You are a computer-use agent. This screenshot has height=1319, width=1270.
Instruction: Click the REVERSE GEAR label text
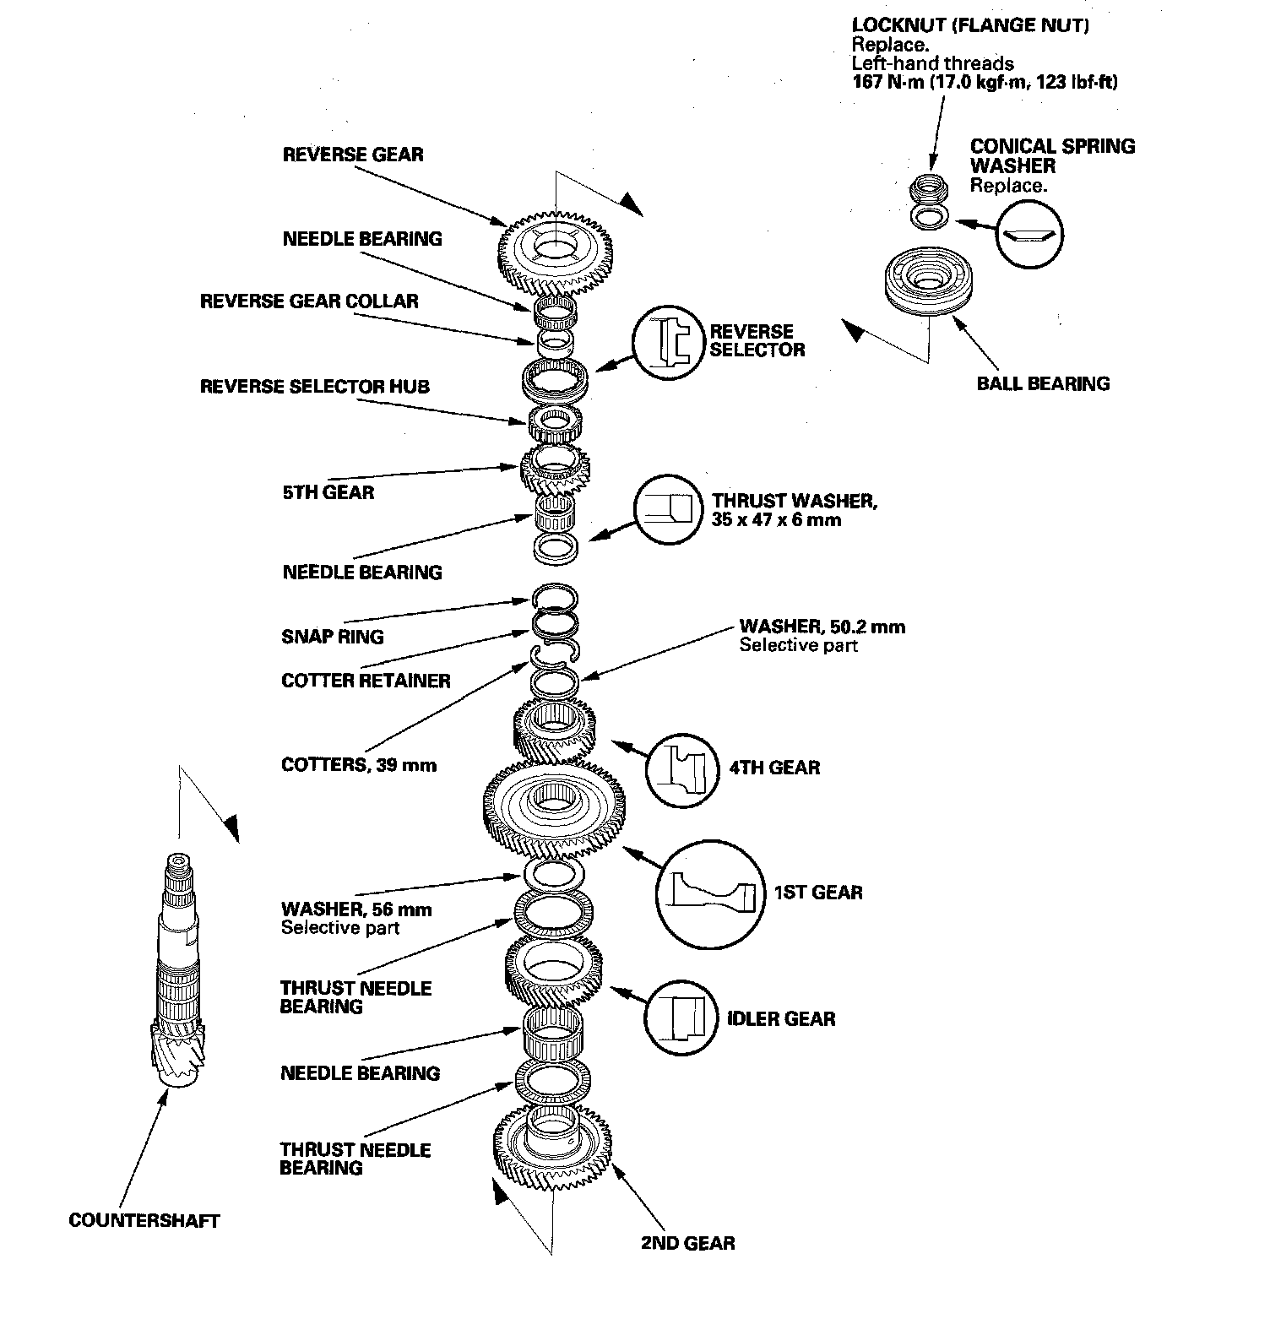point(353,155)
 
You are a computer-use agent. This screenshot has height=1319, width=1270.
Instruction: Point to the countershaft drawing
point(180,971)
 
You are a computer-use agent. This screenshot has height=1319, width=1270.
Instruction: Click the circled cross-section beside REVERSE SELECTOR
point(667,342)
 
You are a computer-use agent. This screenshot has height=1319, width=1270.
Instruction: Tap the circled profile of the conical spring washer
point(1029,235)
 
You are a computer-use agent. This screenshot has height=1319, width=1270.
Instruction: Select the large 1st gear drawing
point(554,809)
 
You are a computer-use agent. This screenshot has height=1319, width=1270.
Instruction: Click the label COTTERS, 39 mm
point(359,765)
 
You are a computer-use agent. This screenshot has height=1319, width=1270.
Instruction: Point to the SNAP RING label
point(333,636)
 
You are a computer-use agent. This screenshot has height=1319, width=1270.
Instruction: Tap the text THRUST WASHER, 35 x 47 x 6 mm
point(794,510)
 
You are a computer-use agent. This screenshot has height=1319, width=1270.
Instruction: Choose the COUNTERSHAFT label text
point(144,1220)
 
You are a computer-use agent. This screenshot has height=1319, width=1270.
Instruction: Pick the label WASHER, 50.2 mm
point(822,627)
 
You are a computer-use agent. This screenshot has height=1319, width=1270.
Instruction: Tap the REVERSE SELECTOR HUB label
point(315,387)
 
